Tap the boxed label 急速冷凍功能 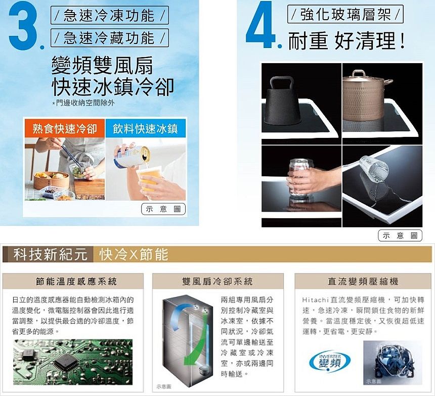coord(110,15)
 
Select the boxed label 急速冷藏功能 coord(110,38)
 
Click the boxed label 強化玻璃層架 coord(345,14)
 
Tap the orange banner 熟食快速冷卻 coord(65,128)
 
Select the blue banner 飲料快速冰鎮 coord(146,128)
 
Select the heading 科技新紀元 coord(50,254)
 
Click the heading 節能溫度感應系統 coord(76,281)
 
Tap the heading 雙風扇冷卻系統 coord(217,281)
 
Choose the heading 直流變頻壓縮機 coord(363,281)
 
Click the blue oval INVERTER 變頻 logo coord(330,361)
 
